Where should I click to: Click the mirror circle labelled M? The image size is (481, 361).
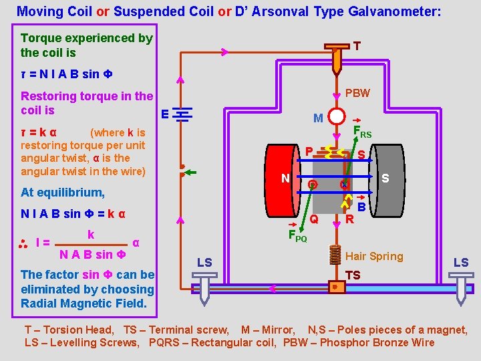click(x=337, y=117)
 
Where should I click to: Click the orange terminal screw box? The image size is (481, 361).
click(x=336, y=287)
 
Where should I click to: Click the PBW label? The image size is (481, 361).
click(x=357, y=93)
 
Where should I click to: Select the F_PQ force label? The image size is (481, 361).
click(x=297, y=235)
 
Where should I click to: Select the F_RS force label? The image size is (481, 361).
click(x=362, y=132)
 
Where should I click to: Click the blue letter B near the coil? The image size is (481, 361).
click(x=361, y=208)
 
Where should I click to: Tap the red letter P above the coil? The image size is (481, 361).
click(x=309, y=150)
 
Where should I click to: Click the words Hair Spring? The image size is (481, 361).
click(x=374, y=256)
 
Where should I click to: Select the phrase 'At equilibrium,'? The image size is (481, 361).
click(x=63, y=193)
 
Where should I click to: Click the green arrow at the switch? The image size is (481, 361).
click(x=190, y=172)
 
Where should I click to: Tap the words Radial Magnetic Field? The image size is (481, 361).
click(x=88, y=304)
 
